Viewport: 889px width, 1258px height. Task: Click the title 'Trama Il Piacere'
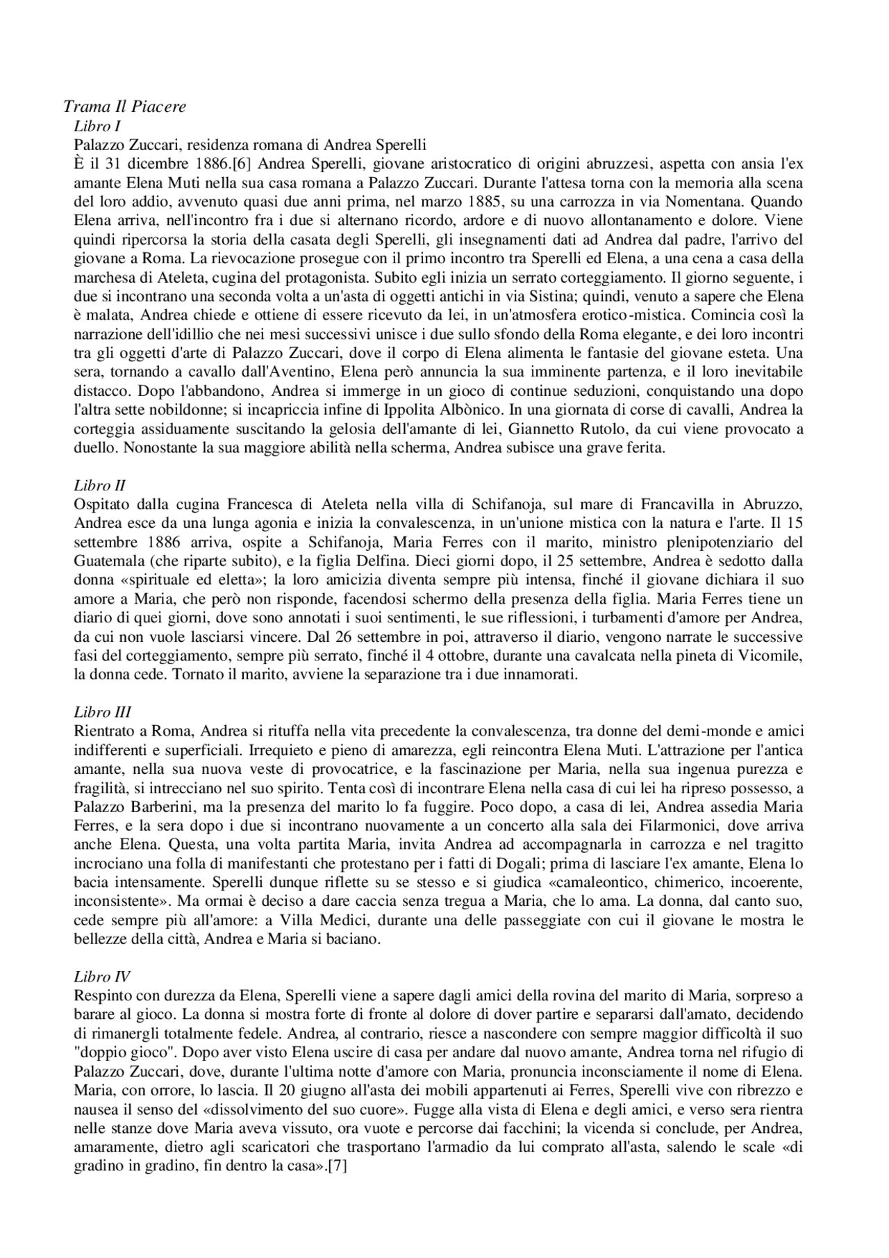coord(125,106)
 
